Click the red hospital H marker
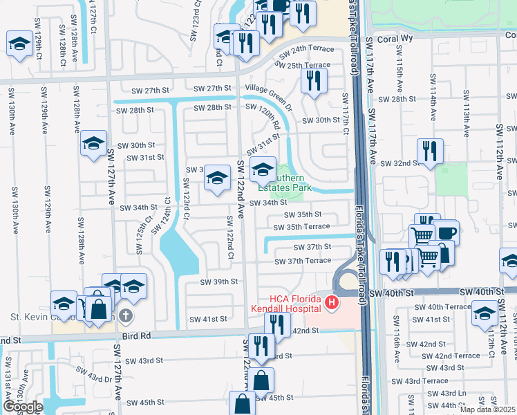(332, 302)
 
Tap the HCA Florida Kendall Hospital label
(283, 302)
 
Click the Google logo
(22, 407)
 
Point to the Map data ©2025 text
(488, 409)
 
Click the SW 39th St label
(219, 282)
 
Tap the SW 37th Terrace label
(303, 261)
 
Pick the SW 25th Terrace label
(303, 65)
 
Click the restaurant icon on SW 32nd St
(430, 150)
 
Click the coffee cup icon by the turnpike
(446, 232)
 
